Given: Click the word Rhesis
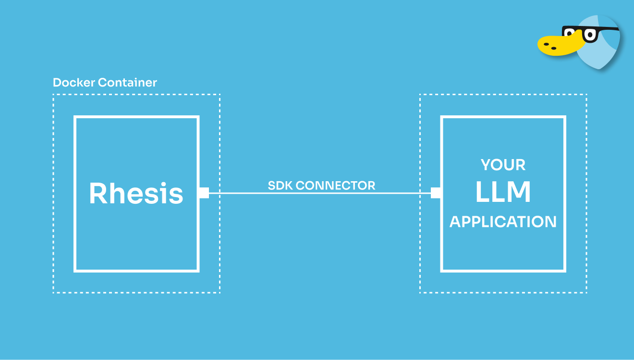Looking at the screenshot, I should (x=136, y=194).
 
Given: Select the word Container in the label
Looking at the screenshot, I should (x=127, y=83).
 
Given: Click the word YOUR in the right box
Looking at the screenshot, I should (x=503, y=165).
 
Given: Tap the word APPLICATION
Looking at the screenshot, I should (x=503, y=222).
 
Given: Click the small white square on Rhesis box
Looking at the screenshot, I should (x=204, y=193).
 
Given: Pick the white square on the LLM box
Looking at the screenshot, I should (x=436, y=193).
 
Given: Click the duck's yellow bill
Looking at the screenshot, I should (x=557, y=45).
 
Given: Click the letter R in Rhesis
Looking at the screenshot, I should (x=98, y=194).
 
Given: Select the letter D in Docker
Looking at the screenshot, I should (x=57, y=83).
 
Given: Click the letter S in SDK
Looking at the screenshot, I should (x=272, y=186).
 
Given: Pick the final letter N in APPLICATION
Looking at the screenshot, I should (x=550, y=222).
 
